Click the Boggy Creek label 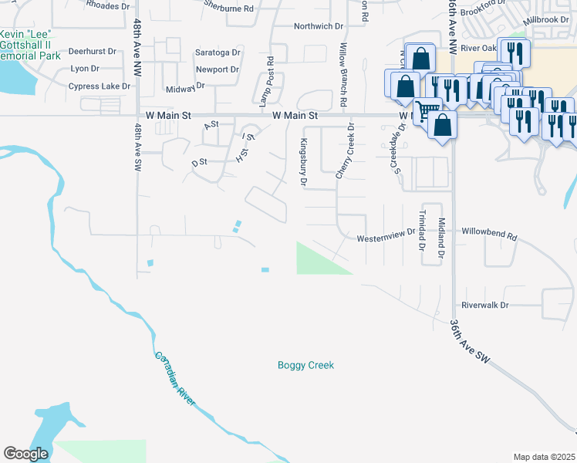pyautogui.click(x=305, y=365)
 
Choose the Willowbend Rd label pyautogui.click(x=489, y=231)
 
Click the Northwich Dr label pyautogui.click(x=318, y=26)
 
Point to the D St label pyautogui.click(x=200, y=162)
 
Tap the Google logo pyautogui.click(x=25, y=454)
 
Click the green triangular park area pyautogui.click(x=315, y=260)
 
